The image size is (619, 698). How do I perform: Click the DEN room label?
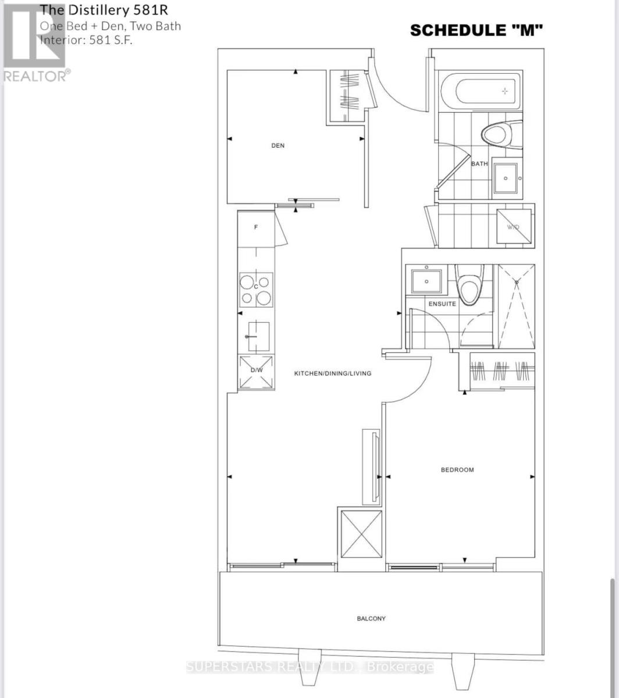[278, 145]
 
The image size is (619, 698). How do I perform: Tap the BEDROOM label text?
[457, 469]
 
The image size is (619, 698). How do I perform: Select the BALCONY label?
[371, 618]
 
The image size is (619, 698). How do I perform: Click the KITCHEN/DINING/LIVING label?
[332, 373]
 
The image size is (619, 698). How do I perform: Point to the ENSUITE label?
[442, 304]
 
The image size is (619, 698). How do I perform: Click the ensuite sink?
[426, 280]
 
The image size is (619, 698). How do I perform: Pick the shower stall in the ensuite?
[516, 307]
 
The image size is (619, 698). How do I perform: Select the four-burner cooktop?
[256, 290]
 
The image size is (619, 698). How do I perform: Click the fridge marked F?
[256, 227]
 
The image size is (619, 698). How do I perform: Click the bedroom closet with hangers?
[501, 371]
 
